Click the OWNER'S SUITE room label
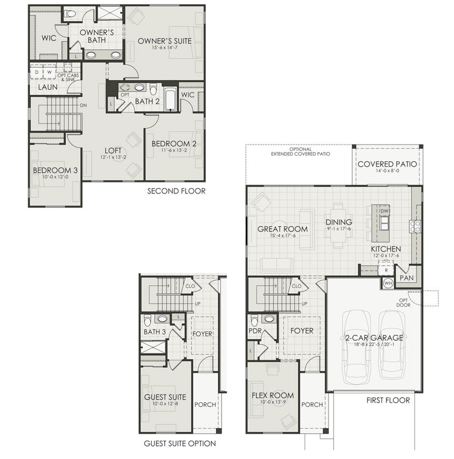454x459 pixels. click(164, 41)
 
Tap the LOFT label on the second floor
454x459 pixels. click(113, 151)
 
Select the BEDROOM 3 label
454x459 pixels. click(55, 170)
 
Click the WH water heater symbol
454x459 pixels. click(388, 283)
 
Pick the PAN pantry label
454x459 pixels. click(406, 278)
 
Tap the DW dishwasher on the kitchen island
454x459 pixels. click(384, 211)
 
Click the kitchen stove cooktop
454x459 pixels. click(415, 226)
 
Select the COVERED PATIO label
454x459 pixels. click(387, 164)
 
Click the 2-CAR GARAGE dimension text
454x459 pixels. click(374, 344)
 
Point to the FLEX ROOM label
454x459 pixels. click(272, 395)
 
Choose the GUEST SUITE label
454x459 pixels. click(165, 397)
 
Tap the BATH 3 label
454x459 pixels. click(154, 332)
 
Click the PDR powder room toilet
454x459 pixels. click(254, 320)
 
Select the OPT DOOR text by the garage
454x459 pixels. click(403, 302)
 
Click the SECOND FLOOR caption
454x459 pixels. click(176, 191)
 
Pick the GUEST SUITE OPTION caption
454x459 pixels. click(179, 443)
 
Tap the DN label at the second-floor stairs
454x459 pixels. click(84, 105)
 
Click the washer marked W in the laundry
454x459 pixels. click(49, 72)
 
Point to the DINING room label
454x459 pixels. click(339, 222)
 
